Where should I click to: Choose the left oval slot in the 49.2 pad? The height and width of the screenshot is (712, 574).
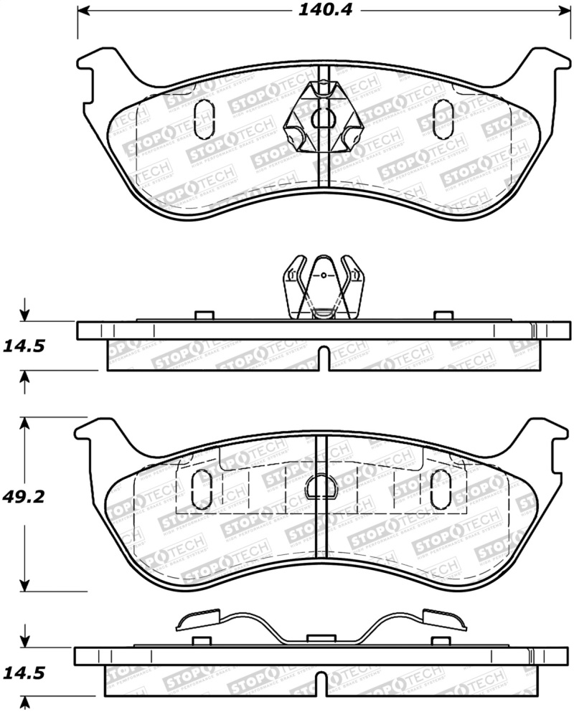click(203, 490)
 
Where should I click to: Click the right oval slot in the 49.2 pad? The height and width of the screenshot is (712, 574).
click(438, 490)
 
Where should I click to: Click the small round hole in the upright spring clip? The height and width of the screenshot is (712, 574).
click(324, 275)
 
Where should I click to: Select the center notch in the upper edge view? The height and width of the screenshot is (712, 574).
click(324, 359)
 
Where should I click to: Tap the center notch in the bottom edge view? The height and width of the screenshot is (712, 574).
click(324, 683)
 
